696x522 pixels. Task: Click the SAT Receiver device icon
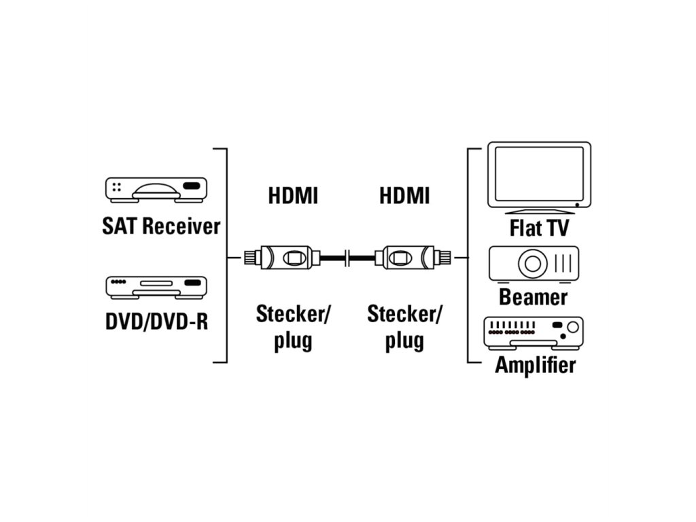point(156,190)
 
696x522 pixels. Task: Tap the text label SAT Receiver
point(161,226)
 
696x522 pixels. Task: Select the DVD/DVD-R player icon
point(156,287)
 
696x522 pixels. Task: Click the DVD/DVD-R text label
point(156,320)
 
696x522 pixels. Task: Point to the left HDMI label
point(293,196)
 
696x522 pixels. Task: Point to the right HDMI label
point(404,196)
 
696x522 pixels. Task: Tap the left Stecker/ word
point(293,315)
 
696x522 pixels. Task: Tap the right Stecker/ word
point(404,315)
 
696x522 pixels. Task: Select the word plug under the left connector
point(293,340)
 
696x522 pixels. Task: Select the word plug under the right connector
point(404,340)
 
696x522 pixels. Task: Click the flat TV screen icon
point(539,175)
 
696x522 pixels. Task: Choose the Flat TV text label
point(539,228)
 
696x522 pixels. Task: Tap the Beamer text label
point(533,297)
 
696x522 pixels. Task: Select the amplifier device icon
point(533,333)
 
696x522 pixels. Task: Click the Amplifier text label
point(535,365)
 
